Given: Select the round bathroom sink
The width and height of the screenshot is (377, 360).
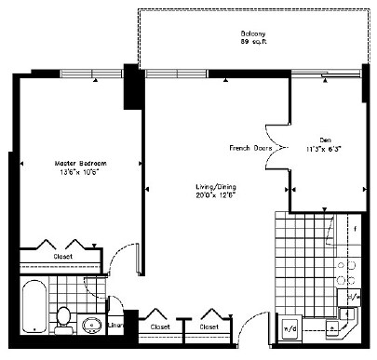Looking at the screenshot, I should coord(91,325).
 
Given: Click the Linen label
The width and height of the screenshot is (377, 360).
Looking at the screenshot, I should coord(116,326).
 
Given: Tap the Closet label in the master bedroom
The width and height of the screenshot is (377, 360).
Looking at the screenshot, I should coord(63,256).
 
